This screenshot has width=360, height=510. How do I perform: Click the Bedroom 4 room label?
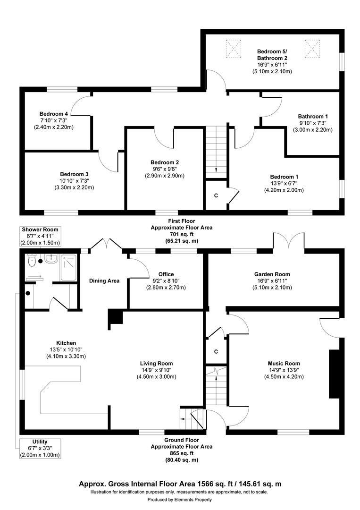click(53, 114)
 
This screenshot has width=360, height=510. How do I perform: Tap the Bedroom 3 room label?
click(74, 174)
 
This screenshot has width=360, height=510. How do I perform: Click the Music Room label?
click(284, 364)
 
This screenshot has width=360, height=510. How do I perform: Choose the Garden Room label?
click(272, 274)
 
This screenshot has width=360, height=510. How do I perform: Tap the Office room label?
click(166, 274)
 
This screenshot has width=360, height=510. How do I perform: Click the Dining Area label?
click(104, 281)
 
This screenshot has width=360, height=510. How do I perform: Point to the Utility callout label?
click(40, 442)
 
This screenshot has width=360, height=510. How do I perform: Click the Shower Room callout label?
click(40, 229)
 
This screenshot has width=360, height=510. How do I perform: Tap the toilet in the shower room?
click(32, 260)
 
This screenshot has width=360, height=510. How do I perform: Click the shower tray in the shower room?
click(68, 268)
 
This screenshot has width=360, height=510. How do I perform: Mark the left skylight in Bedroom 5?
click(233, 47)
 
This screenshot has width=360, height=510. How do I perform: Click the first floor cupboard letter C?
click(216, 195)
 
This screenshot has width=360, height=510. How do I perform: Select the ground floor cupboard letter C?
click(216, 352)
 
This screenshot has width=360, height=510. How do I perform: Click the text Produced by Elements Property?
click(180, 500)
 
